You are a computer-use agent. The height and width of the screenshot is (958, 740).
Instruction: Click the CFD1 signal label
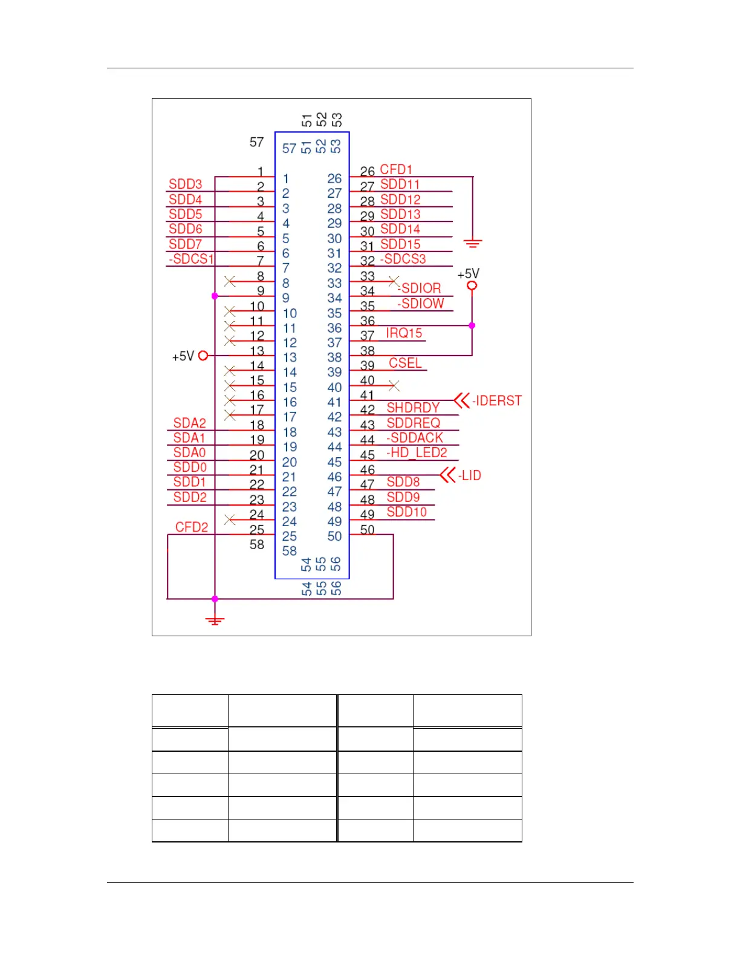coord(395,169)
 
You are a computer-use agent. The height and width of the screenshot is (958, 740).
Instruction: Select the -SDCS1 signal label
coord(191,259)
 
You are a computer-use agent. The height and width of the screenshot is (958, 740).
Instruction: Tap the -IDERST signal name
coord(496,400)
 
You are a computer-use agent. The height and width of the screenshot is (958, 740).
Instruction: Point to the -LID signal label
coord(470,475)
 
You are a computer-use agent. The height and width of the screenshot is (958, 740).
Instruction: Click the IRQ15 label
coord(404,333)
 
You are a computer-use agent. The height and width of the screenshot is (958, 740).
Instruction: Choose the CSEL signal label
coord(404,363)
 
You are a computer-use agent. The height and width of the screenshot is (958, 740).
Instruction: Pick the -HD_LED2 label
coord(417,452)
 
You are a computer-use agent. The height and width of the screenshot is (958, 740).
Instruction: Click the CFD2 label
coord(191,527)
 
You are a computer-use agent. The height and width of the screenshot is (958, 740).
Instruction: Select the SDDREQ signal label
coord(413,423)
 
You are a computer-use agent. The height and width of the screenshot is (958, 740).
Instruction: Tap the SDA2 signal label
coord(189,423)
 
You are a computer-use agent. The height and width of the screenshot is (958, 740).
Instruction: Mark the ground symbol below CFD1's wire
coord(473,243)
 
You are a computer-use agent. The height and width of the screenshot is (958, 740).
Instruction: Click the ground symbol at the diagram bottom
coord(215,620)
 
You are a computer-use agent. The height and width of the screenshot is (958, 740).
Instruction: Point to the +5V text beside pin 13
coord(183,356)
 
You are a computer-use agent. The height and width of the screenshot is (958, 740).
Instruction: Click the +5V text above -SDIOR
coord(468,274)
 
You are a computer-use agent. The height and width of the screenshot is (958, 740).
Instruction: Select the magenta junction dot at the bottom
coord(215,599)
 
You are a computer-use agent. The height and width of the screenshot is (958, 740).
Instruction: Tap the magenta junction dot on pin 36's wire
coord(472,325)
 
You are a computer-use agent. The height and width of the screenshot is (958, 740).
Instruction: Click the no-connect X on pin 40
coord(394,385)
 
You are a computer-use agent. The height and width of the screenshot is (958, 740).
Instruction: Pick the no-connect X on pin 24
coord(230,520)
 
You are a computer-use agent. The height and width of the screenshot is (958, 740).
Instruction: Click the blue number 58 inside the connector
coord(290,551)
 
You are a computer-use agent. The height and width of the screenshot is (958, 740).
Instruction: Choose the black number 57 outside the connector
coord(257,142)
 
